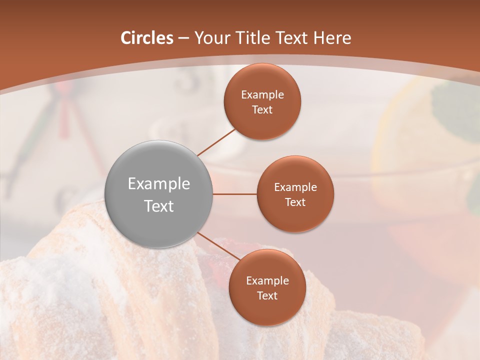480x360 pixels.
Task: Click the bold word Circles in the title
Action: point(147,38)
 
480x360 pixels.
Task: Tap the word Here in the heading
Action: point(332,38)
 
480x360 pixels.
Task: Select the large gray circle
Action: point(158,194)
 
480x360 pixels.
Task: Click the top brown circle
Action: point(262,101)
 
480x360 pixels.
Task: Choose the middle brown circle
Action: point(295,194)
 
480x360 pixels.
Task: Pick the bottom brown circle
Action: point(267,287)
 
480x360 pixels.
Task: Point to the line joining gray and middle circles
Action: point(235,194)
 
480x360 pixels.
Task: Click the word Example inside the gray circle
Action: point(158,183)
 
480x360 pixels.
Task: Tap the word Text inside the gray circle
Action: point(158,206)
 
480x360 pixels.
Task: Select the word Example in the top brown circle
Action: point(262,94)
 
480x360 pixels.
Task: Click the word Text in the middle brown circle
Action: point(295,202)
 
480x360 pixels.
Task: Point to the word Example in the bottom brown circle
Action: point(267,280)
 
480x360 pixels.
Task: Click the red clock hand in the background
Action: point(64,115)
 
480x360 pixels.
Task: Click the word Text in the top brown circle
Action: point(262,109)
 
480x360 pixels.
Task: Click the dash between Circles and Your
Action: point(183,38)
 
